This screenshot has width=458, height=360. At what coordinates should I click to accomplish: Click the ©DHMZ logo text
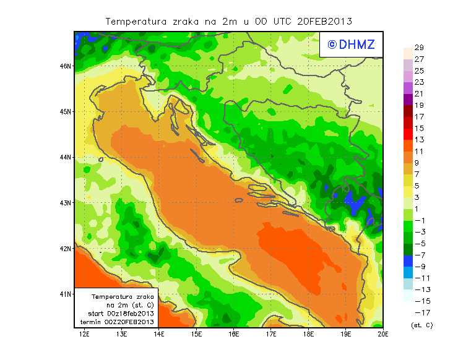point(349,44)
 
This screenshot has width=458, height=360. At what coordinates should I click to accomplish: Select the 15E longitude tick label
point(197,335)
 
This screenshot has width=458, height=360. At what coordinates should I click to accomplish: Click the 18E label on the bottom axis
point(309,335)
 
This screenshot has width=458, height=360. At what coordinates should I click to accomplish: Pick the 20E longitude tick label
point(383,335)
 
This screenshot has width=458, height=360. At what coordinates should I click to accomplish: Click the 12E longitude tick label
point(85,335)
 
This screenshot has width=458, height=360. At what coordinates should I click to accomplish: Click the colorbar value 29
point(419,48)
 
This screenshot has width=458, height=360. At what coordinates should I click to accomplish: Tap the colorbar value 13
point(419,140)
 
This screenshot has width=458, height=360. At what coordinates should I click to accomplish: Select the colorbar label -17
point(423,312)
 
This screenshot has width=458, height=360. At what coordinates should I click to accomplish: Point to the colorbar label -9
point(421,267)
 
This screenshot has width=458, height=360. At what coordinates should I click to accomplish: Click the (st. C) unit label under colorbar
point(422,325)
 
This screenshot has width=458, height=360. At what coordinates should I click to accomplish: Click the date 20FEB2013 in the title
point(324,21)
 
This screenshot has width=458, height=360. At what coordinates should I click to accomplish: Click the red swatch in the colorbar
point(408,128)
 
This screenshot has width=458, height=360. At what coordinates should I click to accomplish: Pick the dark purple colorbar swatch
point(408,99)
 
